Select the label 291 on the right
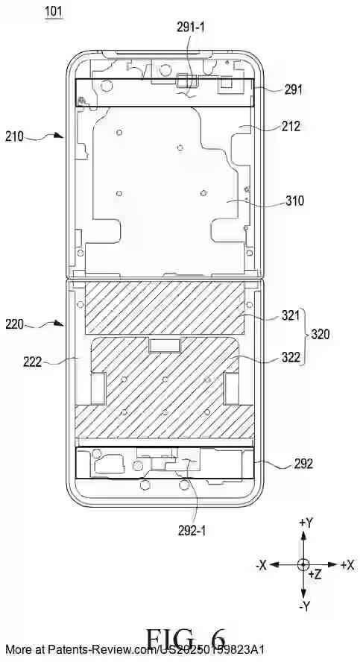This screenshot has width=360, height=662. [293, 89]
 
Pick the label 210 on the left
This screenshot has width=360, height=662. [16, 136]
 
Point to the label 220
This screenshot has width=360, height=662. [16, 324]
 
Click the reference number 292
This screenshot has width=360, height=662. [303, 463]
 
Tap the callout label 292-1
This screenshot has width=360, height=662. [195, 532]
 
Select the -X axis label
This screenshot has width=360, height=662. [262, 565]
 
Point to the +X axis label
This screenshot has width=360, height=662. [347, 565]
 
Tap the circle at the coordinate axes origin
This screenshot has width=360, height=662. [303, 564]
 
